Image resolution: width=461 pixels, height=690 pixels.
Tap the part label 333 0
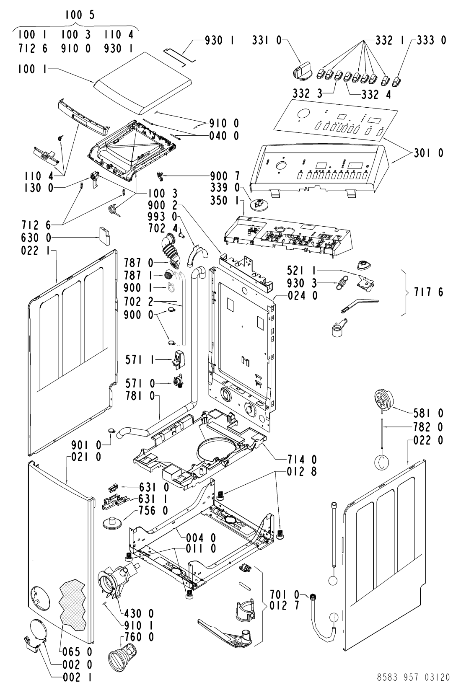tap(432, 40)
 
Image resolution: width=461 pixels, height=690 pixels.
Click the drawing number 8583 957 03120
tap(414, 677)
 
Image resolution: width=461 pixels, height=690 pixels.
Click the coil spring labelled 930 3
tap(344, 286)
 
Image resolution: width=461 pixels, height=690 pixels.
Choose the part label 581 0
tap(429, 413)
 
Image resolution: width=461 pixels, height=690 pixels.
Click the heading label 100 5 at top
tap(80, 16)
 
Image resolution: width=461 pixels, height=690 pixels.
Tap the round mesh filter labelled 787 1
tap(168, 276)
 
